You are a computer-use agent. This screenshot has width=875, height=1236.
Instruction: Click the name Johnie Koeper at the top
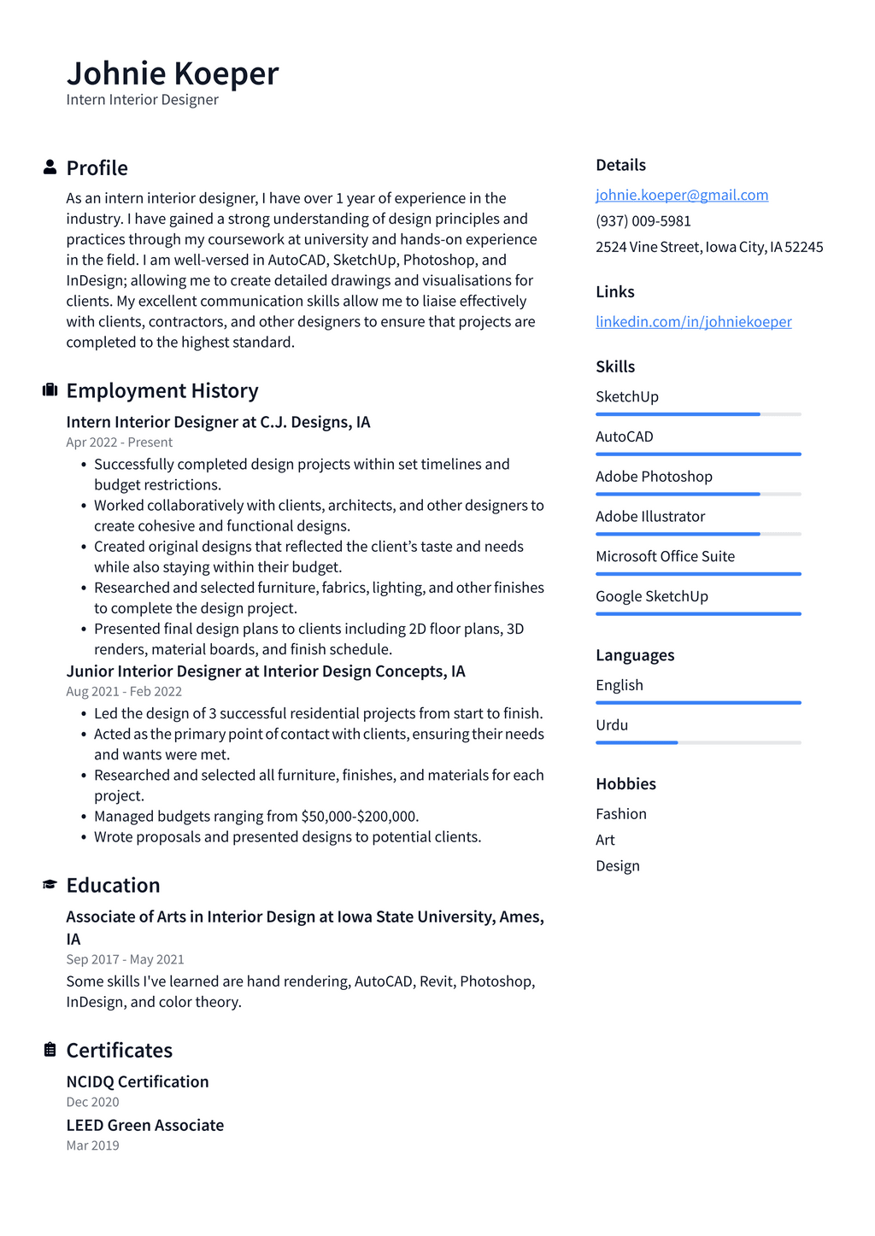tap(173, 74)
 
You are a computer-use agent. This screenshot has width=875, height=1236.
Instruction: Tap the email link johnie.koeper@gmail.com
tap(682, 195)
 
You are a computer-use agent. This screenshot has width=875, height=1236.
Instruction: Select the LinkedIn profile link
tap(693, 321)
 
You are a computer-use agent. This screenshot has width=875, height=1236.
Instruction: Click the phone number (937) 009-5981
tap(643, 220)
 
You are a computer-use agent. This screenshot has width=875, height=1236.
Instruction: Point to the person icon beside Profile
tap(50, 167)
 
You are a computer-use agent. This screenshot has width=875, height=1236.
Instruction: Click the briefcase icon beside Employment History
tap(50, 390)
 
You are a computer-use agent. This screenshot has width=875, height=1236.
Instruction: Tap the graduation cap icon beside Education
tap(50, 885)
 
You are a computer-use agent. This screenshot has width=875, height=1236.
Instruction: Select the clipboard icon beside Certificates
tap(50, 1050)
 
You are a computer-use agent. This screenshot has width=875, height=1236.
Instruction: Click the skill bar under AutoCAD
tap(698, 454)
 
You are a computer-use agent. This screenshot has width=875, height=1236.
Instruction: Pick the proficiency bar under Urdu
tap(698, 742)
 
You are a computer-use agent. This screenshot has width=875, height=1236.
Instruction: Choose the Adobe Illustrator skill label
tap(649, 516)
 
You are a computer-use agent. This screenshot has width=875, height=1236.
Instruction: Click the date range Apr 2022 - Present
tap(119, 442)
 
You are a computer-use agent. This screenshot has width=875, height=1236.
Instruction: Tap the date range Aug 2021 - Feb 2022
tap(124, 692)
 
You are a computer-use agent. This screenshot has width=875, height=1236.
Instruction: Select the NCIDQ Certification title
tap(138, 1081)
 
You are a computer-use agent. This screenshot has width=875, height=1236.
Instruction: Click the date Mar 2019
tap(92, 1145)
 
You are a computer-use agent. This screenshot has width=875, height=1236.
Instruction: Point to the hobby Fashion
tap(620, 814)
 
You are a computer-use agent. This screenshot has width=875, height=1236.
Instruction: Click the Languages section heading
tap(635, 655)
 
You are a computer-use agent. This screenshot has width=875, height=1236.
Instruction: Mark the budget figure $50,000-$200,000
tap(359, 817)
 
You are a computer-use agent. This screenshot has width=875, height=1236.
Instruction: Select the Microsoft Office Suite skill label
tap(665, 556)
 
